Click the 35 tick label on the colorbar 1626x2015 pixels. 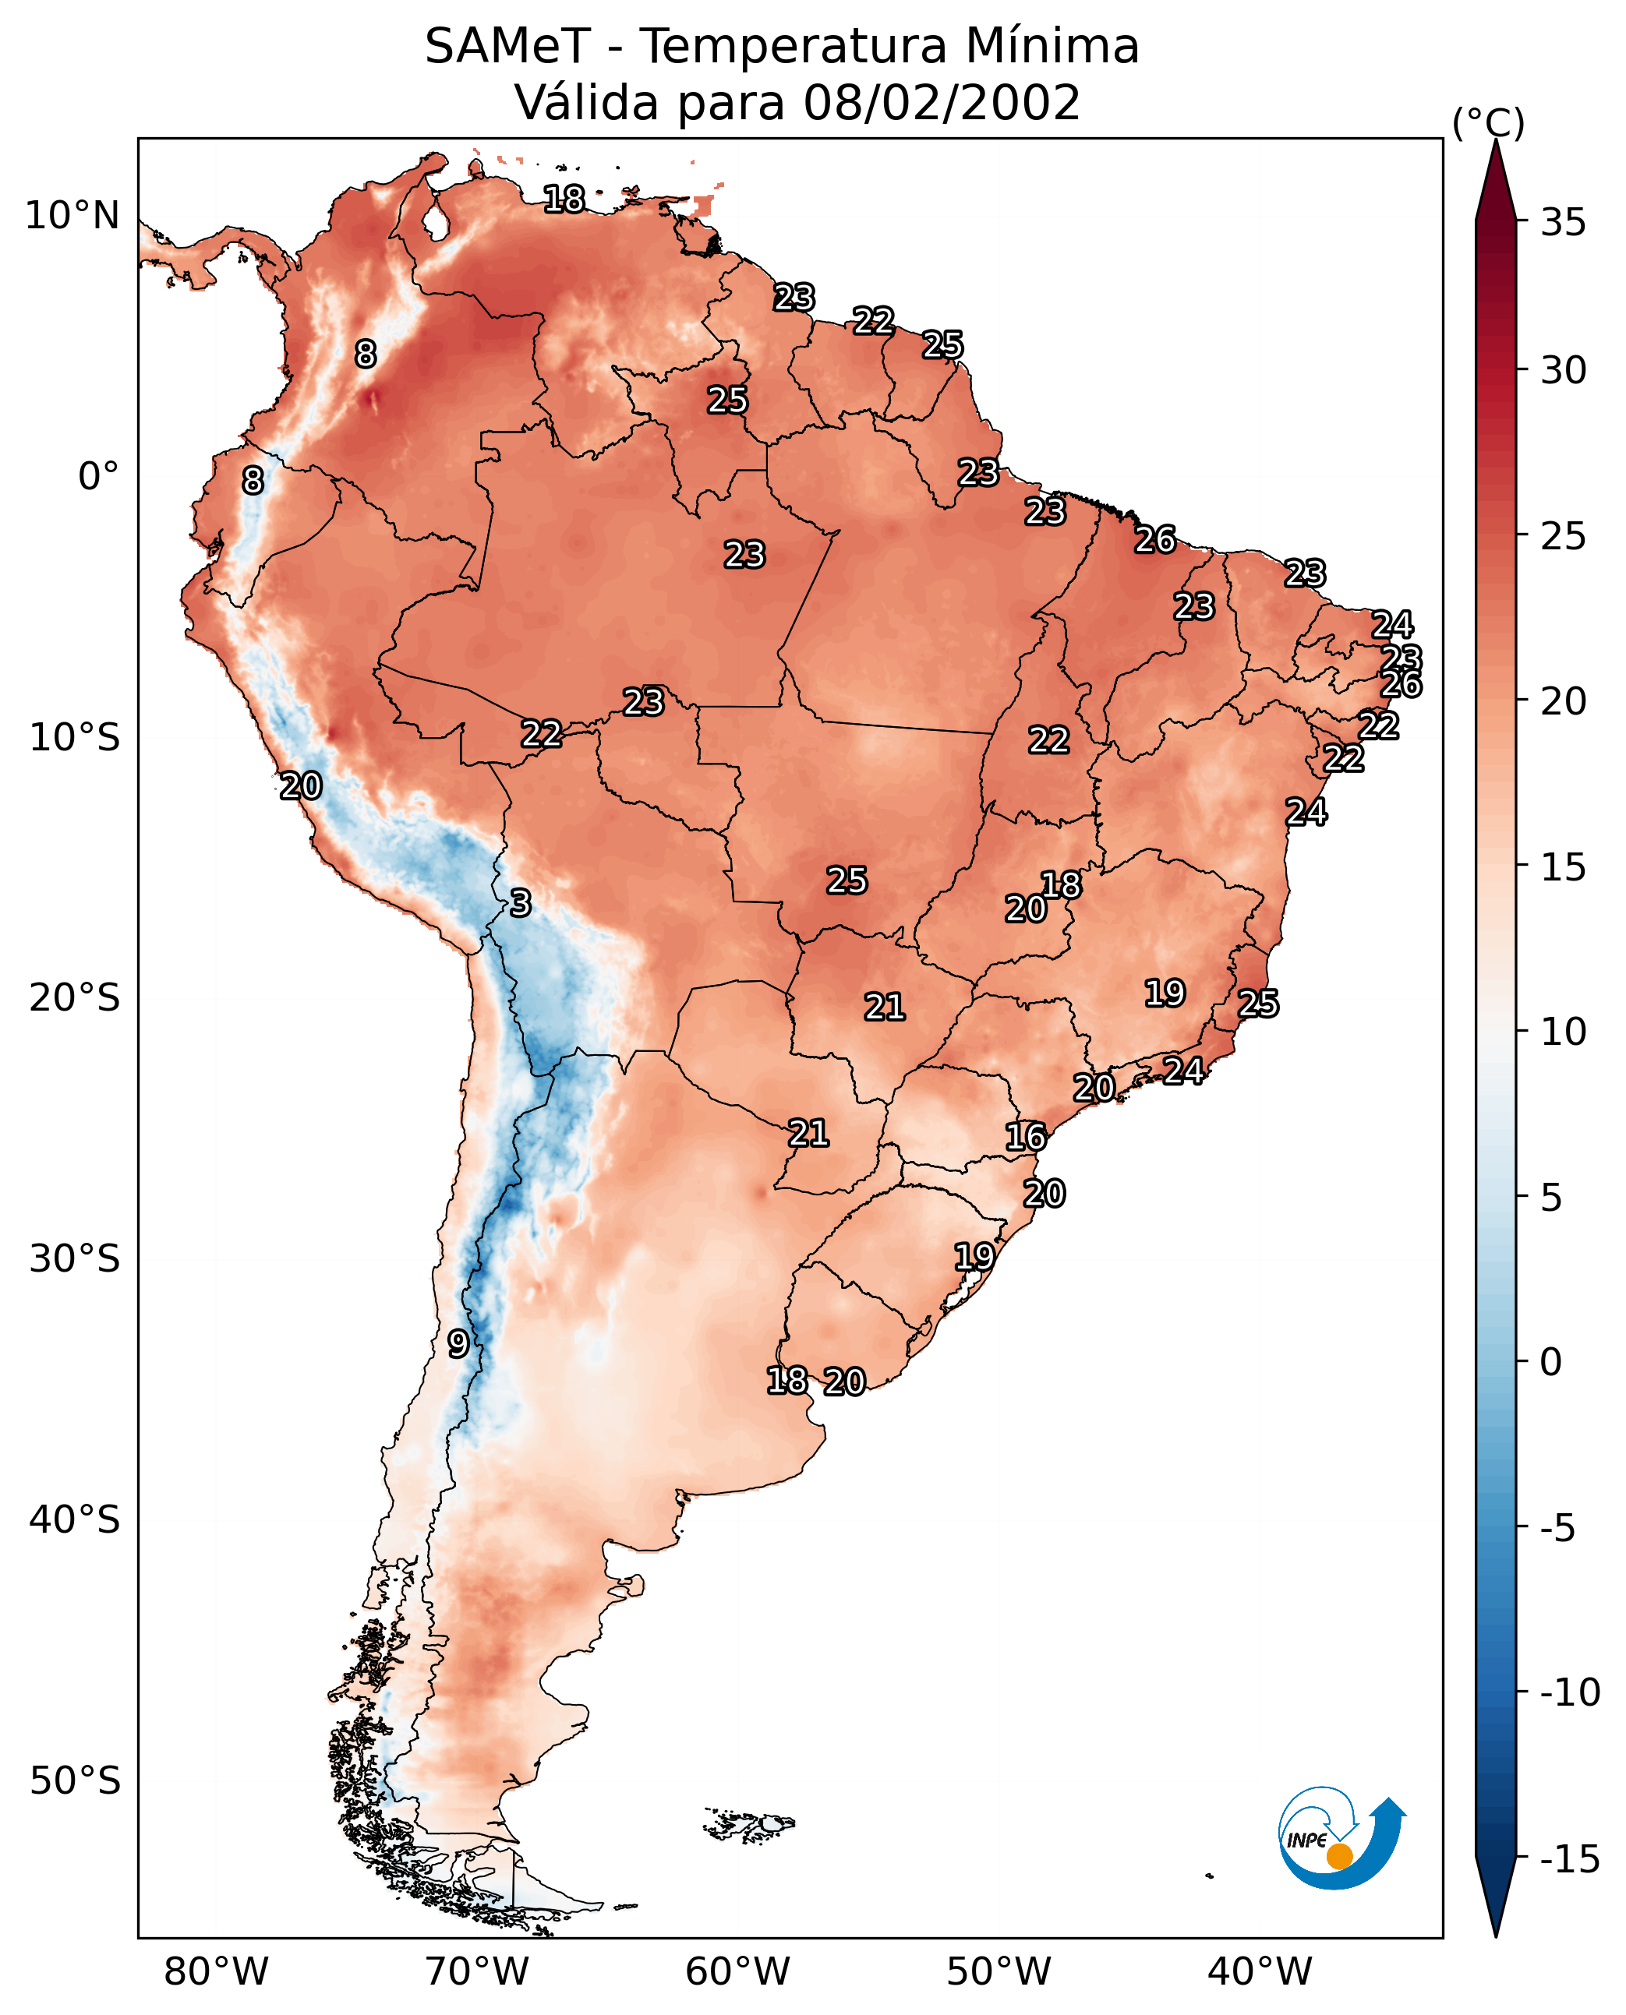coord(1563,223)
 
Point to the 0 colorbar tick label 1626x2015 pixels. coord(1551,1361)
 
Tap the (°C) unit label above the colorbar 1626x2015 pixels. coord(1488,122)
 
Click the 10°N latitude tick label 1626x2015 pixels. coord(72,217)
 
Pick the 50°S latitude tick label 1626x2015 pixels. coord(75,1781)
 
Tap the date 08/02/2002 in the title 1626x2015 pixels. coord(942,103)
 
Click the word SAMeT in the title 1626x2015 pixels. coord(507,47)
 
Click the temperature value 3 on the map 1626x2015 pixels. coord(521,904)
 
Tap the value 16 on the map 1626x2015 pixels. coord(1026,1138)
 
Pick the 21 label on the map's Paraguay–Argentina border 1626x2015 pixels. coord(808,1134)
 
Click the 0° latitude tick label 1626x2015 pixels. coord(98,477)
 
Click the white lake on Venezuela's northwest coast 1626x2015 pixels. coord(435,222)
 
